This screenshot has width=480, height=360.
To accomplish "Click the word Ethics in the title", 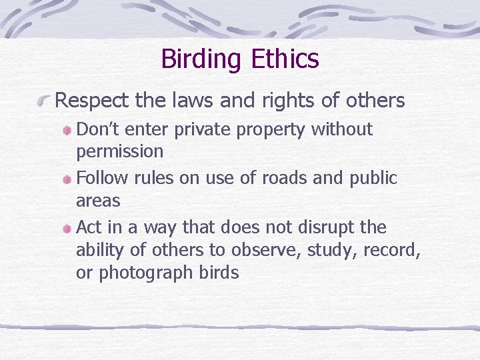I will (285, 59).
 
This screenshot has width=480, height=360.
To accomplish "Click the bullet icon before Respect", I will (45, 101).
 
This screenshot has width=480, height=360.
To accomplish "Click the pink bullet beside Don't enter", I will (68, 130).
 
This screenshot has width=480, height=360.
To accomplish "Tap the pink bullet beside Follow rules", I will (68, 179).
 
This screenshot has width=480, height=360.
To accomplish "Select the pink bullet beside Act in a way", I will (68, 229).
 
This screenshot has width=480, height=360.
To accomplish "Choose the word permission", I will (120, 151).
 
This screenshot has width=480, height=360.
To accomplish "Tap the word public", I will (374, 179).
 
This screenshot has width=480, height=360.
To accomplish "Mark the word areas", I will (98, 201).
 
